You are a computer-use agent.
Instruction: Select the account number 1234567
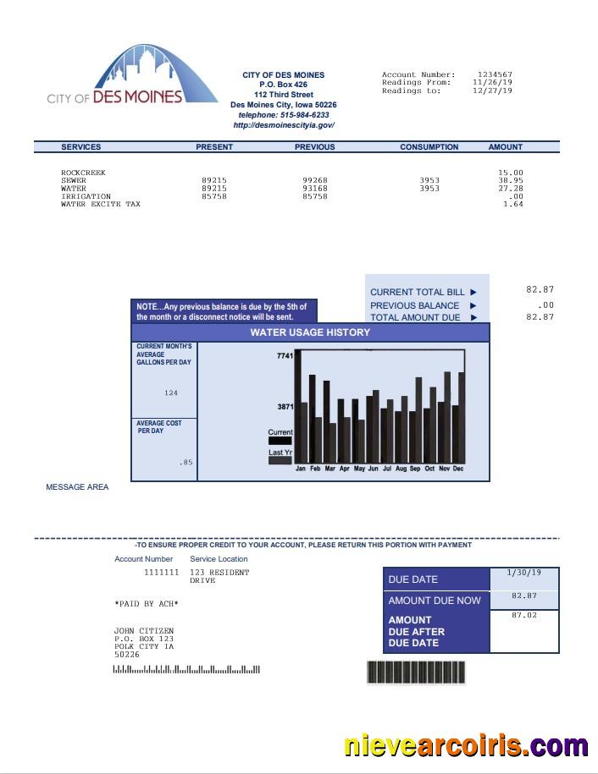click(495, 75)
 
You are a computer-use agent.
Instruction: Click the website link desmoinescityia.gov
click(284, 125)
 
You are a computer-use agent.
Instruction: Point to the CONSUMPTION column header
click(429, 147)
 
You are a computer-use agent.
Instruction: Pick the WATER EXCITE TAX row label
click(101, 204)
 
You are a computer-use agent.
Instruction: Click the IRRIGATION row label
click(86, 196)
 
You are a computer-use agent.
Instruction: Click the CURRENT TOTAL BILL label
click(418, 293)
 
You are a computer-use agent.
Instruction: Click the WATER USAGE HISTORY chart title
click(310, 332)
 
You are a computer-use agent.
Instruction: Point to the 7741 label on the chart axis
click(285, 356)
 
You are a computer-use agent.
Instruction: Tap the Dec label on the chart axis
click(458, 469)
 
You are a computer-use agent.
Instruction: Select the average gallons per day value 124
click(171, 393)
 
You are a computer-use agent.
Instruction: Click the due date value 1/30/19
click(523, 574)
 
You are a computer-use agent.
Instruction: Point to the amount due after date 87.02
click(524, 615)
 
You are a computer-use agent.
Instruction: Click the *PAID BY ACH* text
click(147, 604)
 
